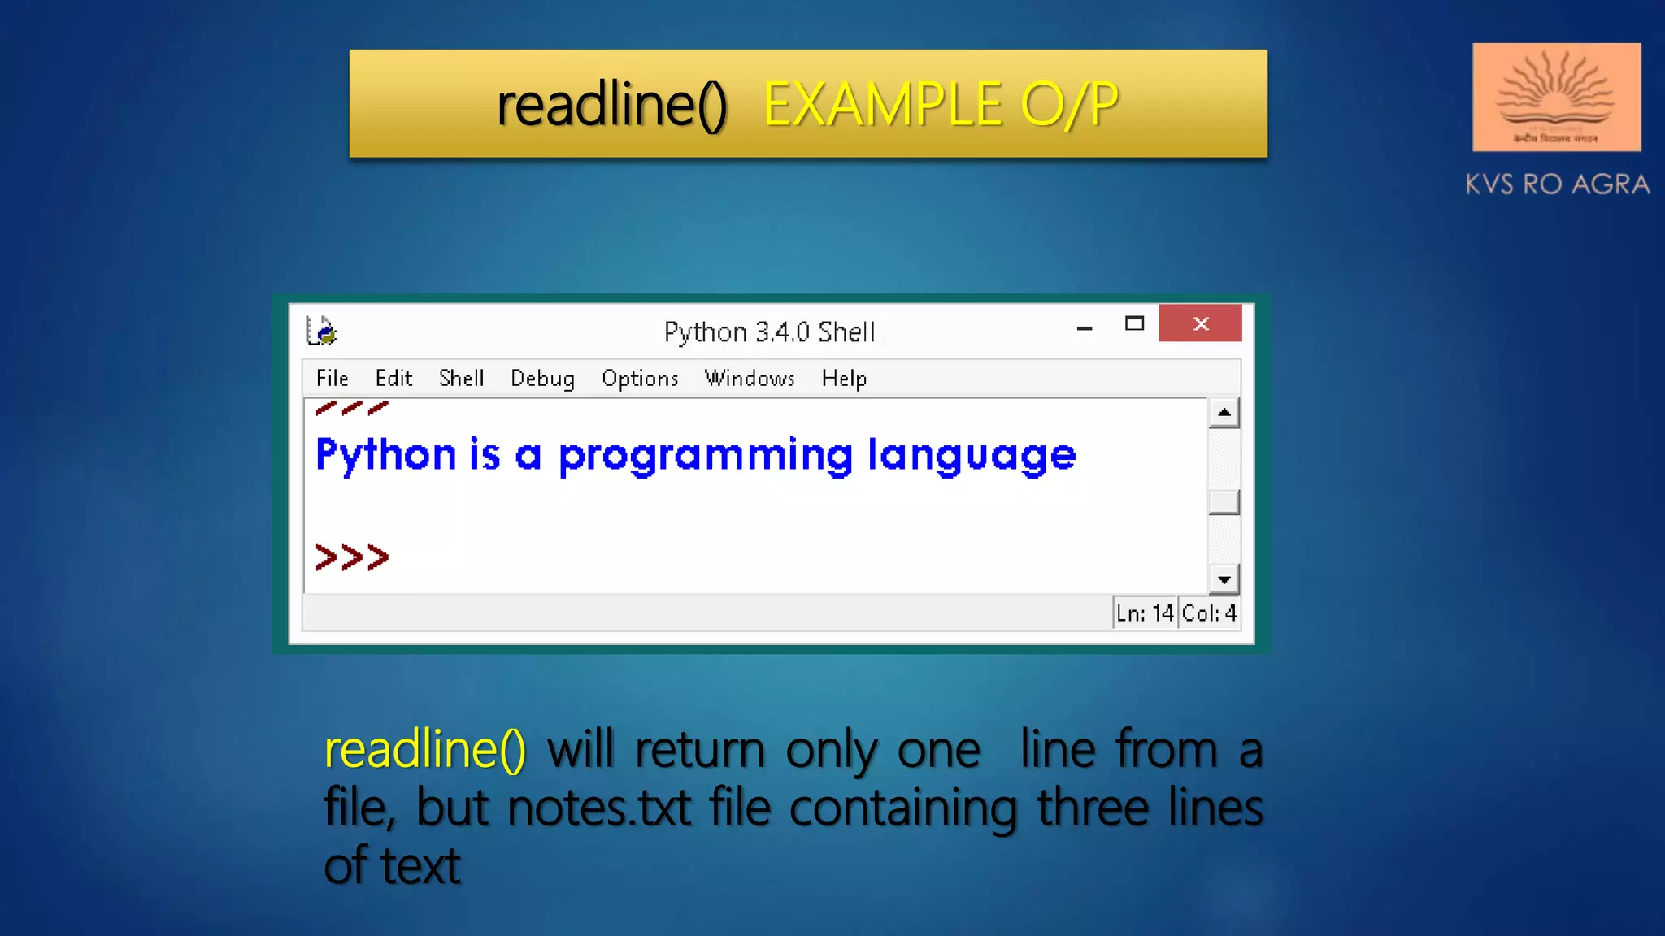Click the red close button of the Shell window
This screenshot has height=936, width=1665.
click(x=1200, y=323)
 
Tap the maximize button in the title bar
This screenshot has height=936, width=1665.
click(x=1134, y=323)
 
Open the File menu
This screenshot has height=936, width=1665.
click(x=332, y=379)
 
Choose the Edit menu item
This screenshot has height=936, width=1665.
click(x=393, y=379)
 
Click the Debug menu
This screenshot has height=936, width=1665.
click(x=542, y=379)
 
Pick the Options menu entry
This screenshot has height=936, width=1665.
click(x=640, y=379)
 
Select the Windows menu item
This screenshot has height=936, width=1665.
click(x=750, y=379)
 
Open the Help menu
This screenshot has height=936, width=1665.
click(x=844, y=379)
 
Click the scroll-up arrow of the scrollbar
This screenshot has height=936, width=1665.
click(x=1224, y=413)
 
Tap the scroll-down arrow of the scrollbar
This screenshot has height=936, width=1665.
click(x=1224, y=579)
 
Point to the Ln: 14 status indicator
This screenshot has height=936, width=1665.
click(x=1145, y=613)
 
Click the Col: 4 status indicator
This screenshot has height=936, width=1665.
click(x=1209, y=613)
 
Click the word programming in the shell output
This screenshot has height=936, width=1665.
click(x=705, y=455)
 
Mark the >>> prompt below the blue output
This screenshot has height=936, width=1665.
click(x=352, y=557)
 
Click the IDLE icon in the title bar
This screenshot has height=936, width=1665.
click(x=322, y=331)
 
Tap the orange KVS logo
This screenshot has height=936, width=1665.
click(x=1556, y=97)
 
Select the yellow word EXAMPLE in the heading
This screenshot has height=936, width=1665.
click(x=883, y=105)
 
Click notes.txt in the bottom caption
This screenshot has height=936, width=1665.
click(x=599, y=808)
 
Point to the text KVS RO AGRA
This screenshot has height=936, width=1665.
click(x=1557, y=184)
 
